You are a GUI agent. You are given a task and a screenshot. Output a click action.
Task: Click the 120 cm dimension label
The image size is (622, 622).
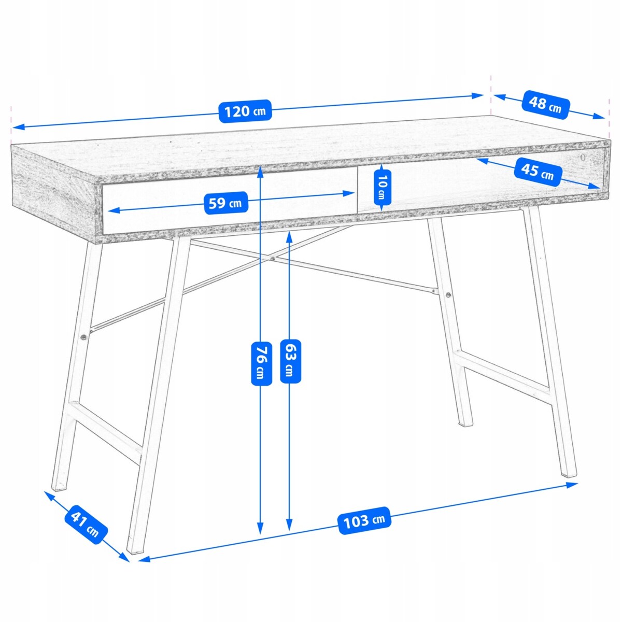point(245,111)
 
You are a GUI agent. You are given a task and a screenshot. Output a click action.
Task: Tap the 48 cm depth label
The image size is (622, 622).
point(545,105)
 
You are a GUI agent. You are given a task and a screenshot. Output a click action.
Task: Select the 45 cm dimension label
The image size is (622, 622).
point(537,172)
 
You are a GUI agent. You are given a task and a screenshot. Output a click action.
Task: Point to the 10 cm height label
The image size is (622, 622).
point(382,188)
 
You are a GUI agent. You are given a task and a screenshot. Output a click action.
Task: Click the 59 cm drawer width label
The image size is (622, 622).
point(225,203)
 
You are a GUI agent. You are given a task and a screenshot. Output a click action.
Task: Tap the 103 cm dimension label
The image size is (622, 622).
point(364,520)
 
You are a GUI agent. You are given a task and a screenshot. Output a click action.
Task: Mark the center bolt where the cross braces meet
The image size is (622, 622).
point(273,259)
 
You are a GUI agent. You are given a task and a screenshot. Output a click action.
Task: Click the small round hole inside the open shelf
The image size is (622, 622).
point(583,157)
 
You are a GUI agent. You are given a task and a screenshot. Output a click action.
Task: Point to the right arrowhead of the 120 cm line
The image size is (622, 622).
point(478,95)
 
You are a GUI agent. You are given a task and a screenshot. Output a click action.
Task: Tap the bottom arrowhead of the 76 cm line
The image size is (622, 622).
point(260,537)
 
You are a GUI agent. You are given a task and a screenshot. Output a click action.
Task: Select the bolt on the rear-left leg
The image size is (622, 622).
point(83,337)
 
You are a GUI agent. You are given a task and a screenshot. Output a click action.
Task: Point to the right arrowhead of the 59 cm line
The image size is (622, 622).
point(348,193)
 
